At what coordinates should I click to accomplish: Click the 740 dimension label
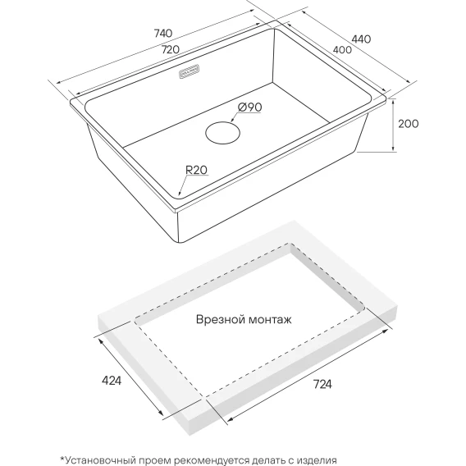coord(163,33)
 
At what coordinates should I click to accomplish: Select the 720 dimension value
coord(171,49)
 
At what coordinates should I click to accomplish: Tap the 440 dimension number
coord(361,39)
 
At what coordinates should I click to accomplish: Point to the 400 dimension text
coord(342,49)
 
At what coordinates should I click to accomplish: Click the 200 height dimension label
coord(408,124)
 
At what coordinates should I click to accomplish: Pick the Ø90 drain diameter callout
coord(249,107)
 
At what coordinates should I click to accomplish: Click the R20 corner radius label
coord(196,170)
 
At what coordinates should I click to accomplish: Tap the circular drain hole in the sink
coord(222,133)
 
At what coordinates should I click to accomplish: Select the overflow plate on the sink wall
coord(189,71)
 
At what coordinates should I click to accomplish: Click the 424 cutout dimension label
coord(112,381)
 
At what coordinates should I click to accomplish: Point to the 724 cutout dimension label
coord(322,384)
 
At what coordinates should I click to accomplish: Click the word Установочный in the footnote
coord(99,460)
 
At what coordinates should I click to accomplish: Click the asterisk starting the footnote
coord(62,459)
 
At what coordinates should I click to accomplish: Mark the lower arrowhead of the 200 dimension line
coord(393,148)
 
